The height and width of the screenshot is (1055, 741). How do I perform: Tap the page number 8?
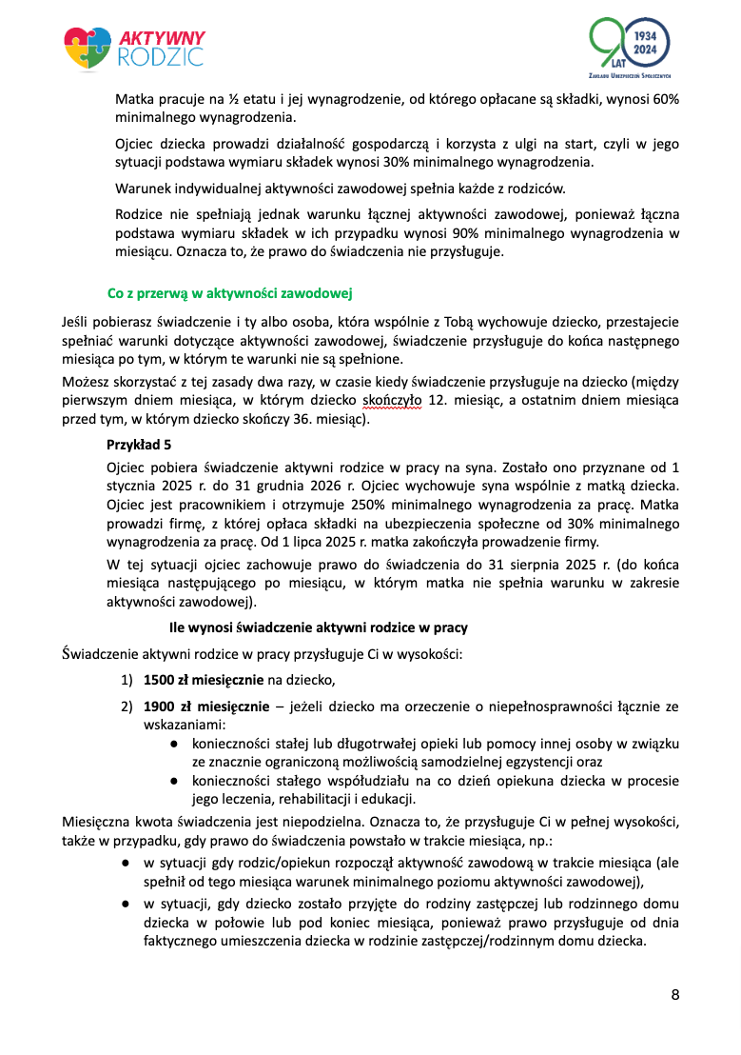point(675,996)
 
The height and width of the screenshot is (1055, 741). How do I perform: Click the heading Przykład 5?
point(139,445)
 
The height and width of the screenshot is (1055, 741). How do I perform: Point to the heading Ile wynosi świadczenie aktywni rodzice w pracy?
point(318,628)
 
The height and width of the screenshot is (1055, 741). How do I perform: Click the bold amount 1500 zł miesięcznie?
point(204,680)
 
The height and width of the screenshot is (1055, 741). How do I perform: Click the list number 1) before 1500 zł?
point(127,680)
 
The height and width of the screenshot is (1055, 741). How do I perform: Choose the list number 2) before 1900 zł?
point(127,707)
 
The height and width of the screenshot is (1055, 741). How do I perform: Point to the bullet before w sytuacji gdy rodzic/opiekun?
point(127,863)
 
